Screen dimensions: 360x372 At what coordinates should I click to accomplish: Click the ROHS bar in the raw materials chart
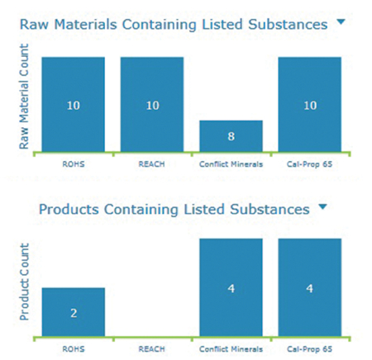point(73,104)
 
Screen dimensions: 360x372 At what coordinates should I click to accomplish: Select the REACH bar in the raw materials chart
point(152,104)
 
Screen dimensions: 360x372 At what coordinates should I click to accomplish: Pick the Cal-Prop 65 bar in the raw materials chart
point(309,104)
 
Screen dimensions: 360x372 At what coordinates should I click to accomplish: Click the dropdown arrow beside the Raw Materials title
point(340,24)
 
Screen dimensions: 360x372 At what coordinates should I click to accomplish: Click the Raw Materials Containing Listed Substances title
point(173,25)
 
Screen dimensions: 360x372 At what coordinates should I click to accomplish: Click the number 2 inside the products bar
point(73,314)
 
